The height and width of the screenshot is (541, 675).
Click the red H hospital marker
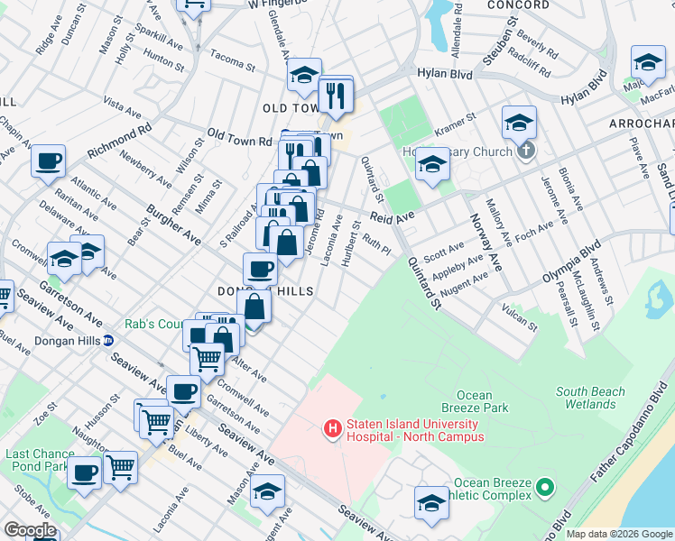[333, 427]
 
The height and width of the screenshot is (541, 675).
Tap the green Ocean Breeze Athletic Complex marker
[544, 489]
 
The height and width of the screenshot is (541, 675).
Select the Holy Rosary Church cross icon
[527, 151]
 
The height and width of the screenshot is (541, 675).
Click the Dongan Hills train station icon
[108, 341]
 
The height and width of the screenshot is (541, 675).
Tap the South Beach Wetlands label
[590, 398]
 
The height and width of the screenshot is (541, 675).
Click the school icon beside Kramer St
[432, 164]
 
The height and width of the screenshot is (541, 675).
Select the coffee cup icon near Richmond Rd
[48, 161]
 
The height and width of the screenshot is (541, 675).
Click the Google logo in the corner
[30, 530]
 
